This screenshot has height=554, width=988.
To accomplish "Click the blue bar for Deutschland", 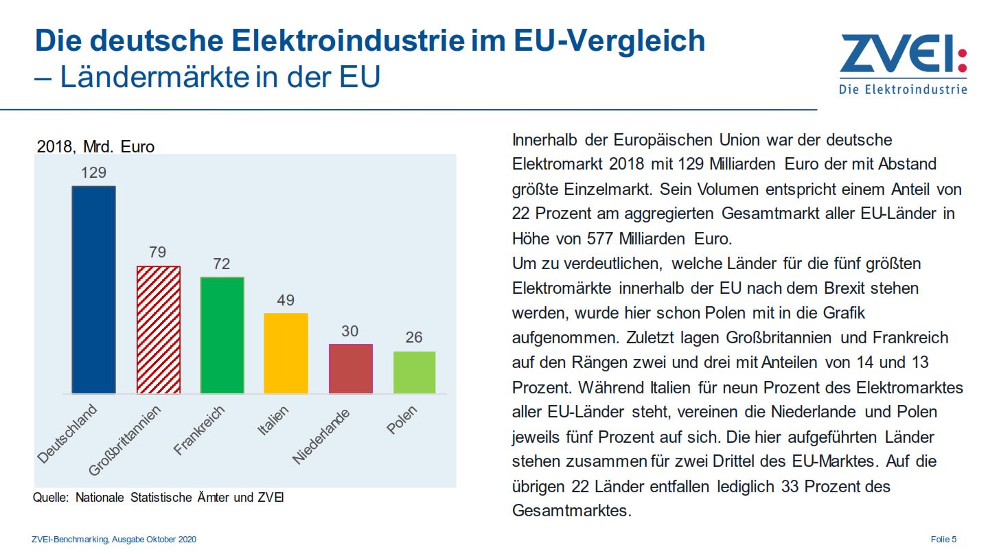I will coord(94,289).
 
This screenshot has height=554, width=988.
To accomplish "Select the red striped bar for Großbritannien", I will coord(159,330).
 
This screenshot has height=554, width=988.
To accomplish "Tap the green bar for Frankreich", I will coord(222,335).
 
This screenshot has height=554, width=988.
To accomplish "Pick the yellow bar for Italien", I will coord(286,353).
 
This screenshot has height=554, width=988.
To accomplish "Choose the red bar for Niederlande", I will coord(350,369).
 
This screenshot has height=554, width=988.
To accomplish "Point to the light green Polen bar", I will coord(414,372).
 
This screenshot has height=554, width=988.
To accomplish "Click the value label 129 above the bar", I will coord(94,172).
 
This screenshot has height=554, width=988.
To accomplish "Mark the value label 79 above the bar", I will coord(158,253).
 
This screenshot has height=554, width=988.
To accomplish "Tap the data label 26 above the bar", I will coord(414,338).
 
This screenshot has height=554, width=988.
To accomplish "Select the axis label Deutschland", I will coord(67,435).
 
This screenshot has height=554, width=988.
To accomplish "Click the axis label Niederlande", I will coord(321,436).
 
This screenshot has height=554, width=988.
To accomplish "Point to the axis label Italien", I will coord(273,421).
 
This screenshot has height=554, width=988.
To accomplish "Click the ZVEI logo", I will coord(901,63).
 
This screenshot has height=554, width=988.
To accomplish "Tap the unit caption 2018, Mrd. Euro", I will coord(95,147).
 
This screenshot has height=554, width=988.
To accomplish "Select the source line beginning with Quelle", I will coord(158,498).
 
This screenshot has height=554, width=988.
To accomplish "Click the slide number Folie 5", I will coord(943,540).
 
